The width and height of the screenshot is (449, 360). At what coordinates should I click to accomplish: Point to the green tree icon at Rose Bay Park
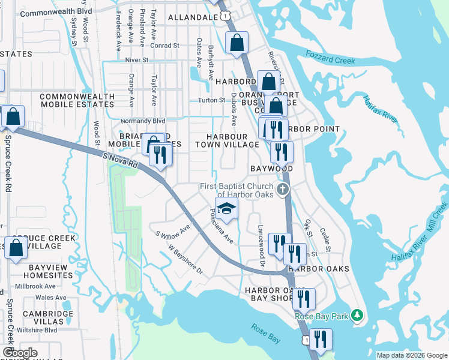357,315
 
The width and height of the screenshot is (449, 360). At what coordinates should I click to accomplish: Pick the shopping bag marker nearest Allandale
237,43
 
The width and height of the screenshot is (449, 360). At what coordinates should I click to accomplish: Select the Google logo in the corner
19,353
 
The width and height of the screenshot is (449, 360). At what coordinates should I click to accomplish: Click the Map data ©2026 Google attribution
412,355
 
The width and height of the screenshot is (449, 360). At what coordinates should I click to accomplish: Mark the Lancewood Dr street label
262,242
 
